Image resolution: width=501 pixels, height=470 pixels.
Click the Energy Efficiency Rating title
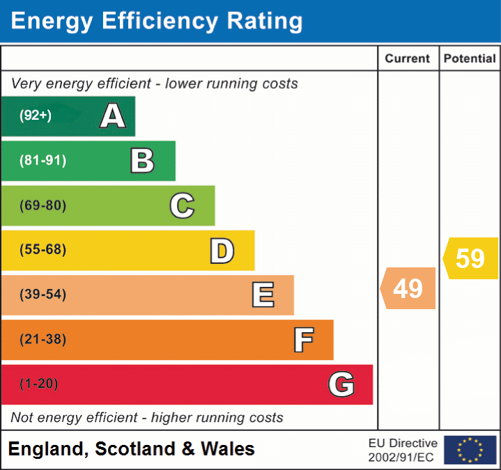coord(157,22)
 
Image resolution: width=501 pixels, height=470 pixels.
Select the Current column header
coord(408,59)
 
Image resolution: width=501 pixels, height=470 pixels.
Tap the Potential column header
coord(470,59)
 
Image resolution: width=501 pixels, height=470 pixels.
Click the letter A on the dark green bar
coord(113,116)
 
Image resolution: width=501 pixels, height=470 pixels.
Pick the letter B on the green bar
coord(142,161)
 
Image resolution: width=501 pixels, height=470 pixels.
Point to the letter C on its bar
coord(182,205)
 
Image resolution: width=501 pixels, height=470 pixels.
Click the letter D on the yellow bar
coord(222,251)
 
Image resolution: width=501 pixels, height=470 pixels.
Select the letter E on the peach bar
coord(263,295)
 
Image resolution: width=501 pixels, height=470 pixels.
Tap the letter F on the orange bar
coord(303,340)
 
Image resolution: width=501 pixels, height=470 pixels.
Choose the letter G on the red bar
coord(341,384)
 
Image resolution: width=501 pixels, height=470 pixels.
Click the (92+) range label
coord(36,116)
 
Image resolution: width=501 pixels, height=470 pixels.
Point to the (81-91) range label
coord(43,161)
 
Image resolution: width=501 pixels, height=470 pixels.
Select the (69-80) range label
coord(43,205)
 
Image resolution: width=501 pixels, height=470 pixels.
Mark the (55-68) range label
coord(43,250)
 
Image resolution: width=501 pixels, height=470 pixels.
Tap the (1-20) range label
coord(39,384)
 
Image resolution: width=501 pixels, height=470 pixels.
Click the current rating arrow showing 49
coord(408,288)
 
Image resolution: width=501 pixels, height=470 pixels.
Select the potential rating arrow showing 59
coord(470,258)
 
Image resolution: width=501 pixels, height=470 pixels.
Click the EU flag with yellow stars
coord(470,450)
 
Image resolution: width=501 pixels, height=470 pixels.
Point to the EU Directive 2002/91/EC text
coord(403,450)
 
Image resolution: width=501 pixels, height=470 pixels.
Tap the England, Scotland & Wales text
coord(132,449)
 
